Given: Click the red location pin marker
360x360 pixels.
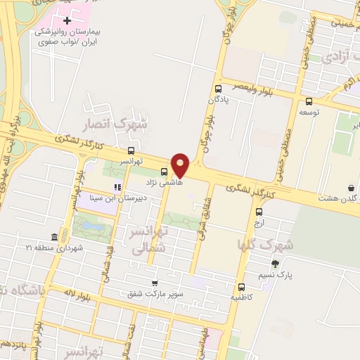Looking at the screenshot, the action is click(x=181, y=165).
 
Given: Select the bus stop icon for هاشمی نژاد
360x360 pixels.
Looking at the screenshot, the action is click(x=165, y=171).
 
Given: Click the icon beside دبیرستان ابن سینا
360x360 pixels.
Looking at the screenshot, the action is click(x=118, y=187).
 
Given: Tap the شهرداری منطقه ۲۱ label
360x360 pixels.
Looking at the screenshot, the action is click(x=54, y=248).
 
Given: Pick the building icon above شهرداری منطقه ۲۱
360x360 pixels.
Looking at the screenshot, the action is click(x=55, y=238).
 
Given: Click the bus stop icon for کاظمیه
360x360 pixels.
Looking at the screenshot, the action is click(x=242, y=287).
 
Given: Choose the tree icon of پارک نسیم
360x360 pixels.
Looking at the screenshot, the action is click(x=275, y=264).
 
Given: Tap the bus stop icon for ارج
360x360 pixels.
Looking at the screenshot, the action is click(x=259, y=212).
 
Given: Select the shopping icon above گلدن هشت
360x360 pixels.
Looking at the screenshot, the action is click(x=351, y=188).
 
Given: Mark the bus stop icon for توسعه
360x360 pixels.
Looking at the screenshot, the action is click(x=309, y=101).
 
